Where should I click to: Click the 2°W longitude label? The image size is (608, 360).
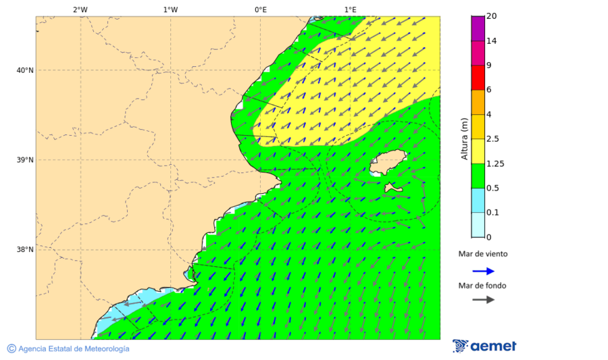[80, 9]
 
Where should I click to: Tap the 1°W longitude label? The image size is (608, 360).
[170, 9]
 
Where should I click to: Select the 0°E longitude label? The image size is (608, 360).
[260, 9]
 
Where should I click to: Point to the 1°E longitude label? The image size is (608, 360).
[350, 9]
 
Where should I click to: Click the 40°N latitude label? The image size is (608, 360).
[25, 70]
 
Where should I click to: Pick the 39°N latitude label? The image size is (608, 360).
[25, 160]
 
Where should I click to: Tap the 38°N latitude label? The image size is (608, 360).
[25, 250]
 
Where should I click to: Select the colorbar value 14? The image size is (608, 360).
[492, 41]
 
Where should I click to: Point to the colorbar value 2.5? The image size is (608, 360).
[492, 139]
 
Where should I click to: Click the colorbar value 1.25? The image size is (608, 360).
[495, 163]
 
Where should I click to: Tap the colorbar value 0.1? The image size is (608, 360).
[492, 213]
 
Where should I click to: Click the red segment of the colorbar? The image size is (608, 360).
[478, 78]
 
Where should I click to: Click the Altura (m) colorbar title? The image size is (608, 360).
[464, 139]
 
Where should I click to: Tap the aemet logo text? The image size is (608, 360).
[493, 346]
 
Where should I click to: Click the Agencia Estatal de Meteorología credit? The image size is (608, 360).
[73, 349]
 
